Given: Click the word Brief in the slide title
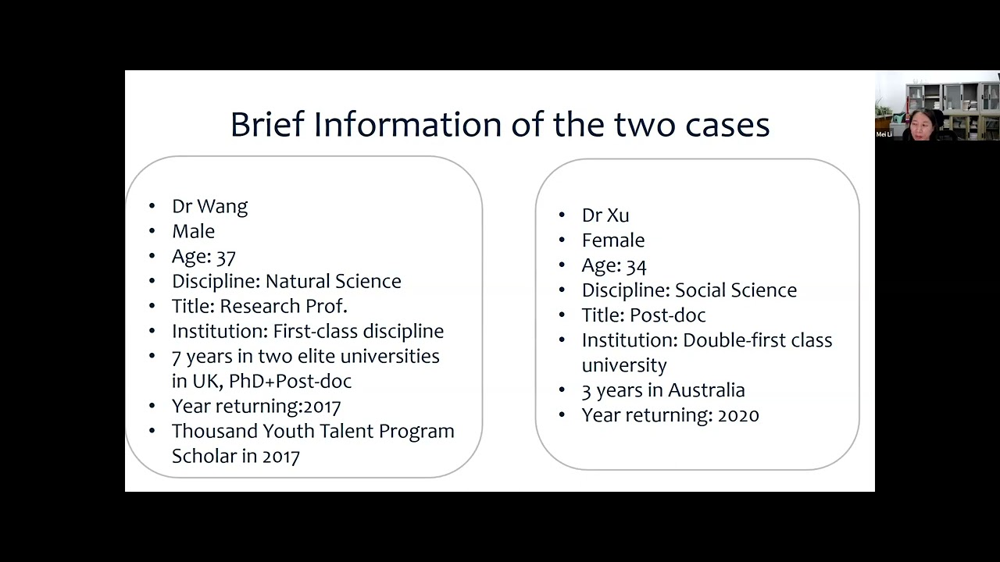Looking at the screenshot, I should click(266, 125).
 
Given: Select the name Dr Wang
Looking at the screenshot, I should click(209, 207).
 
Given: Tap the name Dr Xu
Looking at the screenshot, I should click(605, 215).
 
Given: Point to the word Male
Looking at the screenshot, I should click(193, 232).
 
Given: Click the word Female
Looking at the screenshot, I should click(612, 240).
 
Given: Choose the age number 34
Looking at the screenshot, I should click(636, 266).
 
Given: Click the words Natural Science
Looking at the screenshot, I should click(333, 282).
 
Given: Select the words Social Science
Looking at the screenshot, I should click(735, 290).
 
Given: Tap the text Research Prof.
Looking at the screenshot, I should click(295, 307).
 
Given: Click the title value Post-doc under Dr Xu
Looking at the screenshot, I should click(667, 315).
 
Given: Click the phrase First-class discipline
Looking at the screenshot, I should click(358, 332).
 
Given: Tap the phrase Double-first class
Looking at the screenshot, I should click(757, 340).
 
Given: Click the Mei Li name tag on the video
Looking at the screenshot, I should click(884, 134).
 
